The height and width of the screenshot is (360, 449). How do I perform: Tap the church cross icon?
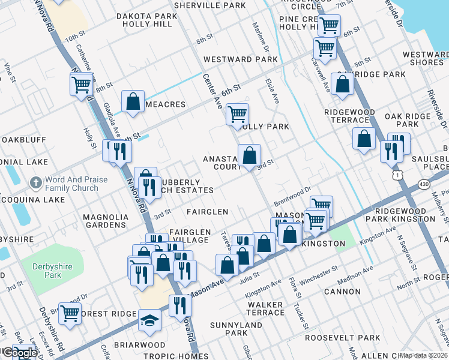[x=36, y=182]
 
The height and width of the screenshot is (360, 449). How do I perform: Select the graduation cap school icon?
[x=149, y=321]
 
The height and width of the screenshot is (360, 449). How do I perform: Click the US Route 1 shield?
[x=395, y=175]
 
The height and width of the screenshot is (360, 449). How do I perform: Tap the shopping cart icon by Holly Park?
[x=237, y=113]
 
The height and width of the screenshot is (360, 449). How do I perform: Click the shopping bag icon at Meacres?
[x=133, y=101]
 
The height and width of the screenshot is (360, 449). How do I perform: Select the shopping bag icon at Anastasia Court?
[x=249, y=156]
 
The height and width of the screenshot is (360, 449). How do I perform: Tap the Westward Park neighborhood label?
[x=240, y=59]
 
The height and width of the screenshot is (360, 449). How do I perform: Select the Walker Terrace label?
[x=265, y=308]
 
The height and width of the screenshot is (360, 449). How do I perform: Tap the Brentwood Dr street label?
[x=292, y=196]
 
